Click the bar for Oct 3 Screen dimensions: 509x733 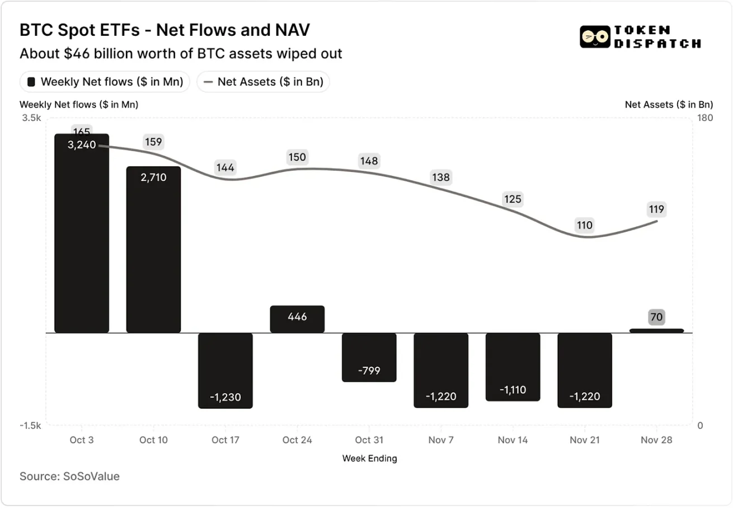pyautogui.click(x=82, y=235)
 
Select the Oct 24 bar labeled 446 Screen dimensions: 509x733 pyautogui.click(x=297, y=319)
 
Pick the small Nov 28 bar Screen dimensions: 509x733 pyautogui.click(x=656, y=330)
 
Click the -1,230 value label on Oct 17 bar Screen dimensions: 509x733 pyautogui.click(x=225, y=396)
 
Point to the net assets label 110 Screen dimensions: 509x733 pyautogui.click(x=585, y=225)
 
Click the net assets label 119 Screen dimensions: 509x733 pyautogui.click(x=656, y=209)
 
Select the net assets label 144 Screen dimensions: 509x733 pyautogui.click(x=225, y=167)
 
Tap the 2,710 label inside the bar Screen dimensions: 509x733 pyautogui.click(x=153, y=177)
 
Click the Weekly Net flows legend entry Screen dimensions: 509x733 pyautogui.click(x=105, y=82)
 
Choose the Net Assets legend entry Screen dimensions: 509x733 pyautogui.click(x=263, y=82)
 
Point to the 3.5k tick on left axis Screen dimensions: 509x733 pyautogui.click(x=32, y=118)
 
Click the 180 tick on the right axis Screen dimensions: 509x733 pyautogui.click(x=704, y=118)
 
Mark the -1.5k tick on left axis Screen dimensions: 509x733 pyautogui.click(x=31, y=426)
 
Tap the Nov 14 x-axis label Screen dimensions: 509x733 pyautogui.click(x=513, y=440)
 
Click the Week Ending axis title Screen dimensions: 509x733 pyautogui.click(x=369, y=458)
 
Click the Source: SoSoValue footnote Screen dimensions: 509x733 pyautogui.click(x=69, y=477)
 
